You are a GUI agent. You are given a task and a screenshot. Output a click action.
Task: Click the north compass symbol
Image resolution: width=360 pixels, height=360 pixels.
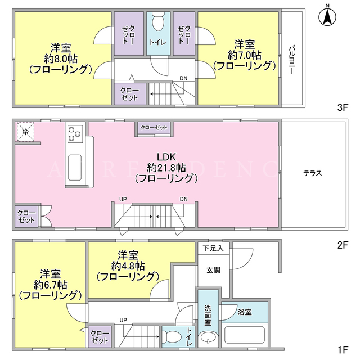coord(327,17)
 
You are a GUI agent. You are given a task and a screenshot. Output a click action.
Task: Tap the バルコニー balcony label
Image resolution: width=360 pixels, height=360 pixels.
coord(292,60)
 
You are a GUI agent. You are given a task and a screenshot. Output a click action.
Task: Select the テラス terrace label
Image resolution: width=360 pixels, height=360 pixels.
coord(313,173)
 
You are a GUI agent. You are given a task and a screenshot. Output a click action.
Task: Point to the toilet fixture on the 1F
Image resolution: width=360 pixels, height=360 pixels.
coord(170,336)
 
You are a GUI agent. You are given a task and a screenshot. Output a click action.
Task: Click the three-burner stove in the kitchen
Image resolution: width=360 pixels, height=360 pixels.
coord(75,134)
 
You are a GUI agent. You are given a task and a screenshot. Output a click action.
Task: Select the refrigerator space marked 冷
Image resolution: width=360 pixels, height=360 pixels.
coord(25,132)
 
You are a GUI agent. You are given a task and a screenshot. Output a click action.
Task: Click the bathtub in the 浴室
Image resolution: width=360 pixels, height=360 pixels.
coord(245,335)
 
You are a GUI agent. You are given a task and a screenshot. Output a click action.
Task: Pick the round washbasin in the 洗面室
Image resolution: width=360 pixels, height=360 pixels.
coord(208,338)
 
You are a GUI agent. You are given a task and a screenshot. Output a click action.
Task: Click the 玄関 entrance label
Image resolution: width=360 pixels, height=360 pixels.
coord(214,270)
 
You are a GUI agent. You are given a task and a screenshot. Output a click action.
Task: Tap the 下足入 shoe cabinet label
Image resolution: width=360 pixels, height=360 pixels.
coord(213,248)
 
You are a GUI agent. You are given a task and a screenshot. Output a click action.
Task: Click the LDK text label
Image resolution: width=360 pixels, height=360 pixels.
coord(166,157)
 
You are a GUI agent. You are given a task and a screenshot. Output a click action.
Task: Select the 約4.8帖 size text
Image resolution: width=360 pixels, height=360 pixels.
coord(128,266)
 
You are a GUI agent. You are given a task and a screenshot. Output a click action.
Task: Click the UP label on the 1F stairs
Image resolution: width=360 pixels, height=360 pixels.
coord(123,320)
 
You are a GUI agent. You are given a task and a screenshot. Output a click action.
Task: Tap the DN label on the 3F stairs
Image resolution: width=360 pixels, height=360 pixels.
coord(183,78)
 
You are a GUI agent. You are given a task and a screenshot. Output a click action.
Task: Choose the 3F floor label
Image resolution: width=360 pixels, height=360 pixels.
coord(343,107)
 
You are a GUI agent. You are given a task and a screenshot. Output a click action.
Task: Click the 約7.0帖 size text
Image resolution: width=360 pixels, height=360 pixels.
coord(245,55)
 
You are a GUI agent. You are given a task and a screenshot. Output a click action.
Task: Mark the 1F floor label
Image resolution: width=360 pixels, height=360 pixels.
coord(343,350)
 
